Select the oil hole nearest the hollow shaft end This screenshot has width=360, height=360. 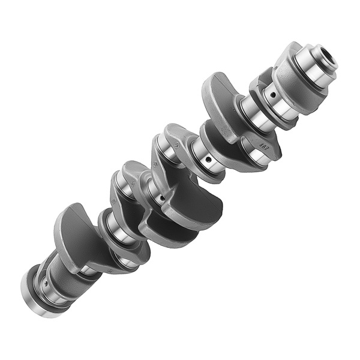point(272,94)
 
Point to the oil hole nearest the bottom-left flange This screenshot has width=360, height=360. point(44,282)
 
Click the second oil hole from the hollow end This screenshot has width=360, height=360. point(208,160)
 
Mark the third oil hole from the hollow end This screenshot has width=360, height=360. point(161,199)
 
